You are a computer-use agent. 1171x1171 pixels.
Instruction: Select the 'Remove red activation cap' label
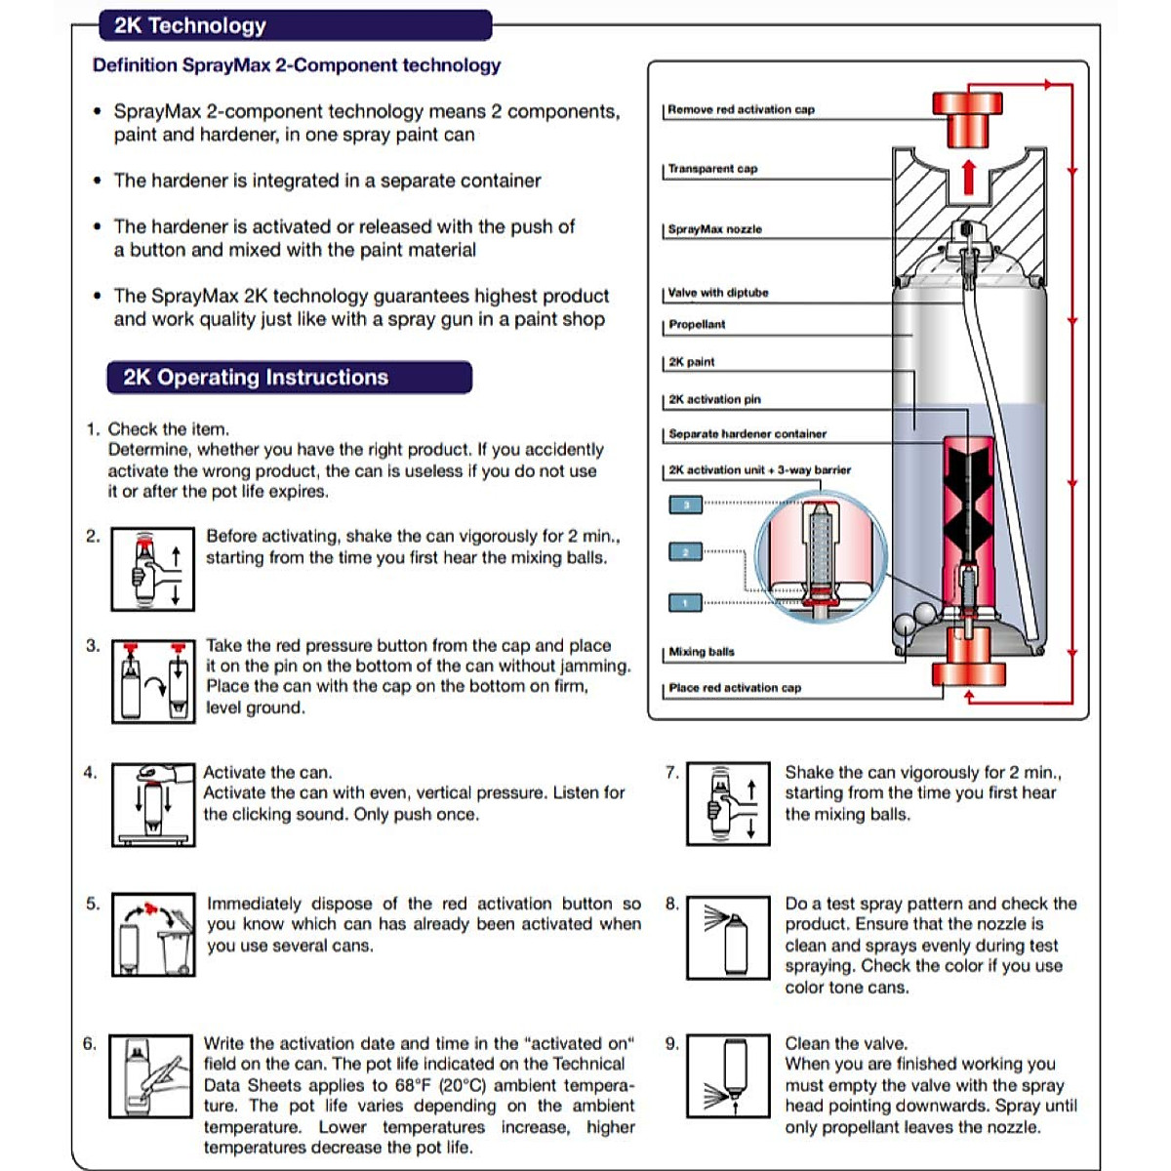coord(741,109)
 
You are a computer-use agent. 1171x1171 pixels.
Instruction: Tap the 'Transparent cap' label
coord(712,169)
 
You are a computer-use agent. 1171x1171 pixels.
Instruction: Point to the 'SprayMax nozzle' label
coord(715,229)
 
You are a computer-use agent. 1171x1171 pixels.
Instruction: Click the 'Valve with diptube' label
coord(718,293)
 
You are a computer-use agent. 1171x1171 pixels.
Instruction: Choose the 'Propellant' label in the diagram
coord(697,325)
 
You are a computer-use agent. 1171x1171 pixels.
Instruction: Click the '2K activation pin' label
coord(714,399)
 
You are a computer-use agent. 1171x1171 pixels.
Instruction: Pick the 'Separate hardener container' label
coord(747,434)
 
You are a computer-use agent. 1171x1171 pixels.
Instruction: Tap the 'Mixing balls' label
coord(702,652)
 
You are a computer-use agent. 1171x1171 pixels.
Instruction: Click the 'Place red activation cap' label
coord(735,688)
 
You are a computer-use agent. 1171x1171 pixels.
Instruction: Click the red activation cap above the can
coord(967,112)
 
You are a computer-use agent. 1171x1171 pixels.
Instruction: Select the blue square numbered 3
coord(686,505)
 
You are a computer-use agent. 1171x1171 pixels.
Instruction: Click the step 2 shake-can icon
coord(152,570)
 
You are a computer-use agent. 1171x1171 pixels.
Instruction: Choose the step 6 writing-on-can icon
coord(151,1076)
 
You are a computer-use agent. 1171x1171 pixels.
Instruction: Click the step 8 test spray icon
coord(728,938)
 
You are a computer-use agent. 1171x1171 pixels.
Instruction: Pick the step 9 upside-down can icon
coord(728,1076)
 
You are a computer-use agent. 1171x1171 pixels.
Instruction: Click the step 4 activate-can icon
coord(153,805)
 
